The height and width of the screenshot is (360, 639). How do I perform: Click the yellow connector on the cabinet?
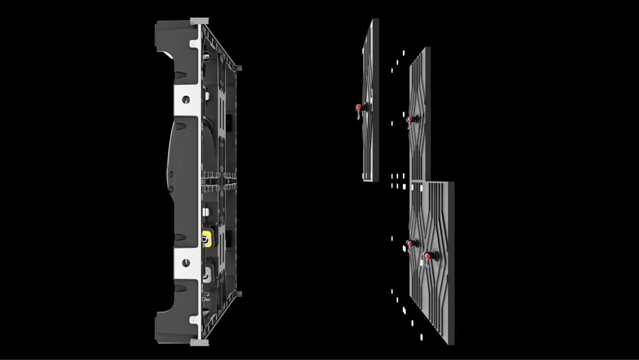pyautogui.click(x=206, y=240)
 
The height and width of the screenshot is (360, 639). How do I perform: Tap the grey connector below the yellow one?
pyautogui.click(x=206, y=273)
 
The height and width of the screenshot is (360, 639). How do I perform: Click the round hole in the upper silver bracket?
pyautogui.click(x=186, y=99)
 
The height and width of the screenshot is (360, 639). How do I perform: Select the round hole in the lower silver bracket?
pyautogui.click(x=186, y=263)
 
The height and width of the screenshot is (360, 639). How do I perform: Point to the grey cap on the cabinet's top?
pyautogui.click(x=199, y=21)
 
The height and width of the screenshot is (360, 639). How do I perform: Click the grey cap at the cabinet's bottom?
pyautogui.click(x=199, y=342)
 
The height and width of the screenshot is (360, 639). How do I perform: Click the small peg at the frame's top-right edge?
pyautogui.click(x=239, y=68)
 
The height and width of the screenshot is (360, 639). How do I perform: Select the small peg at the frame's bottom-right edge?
pyautogui.click(x=239, y=294)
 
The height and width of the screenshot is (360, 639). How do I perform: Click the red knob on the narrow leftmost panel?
pyautogui.click(x=359, y=107)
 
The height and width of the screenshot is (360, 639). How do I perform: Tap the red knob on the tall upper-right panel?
pyautogui.click(x=410, y=119)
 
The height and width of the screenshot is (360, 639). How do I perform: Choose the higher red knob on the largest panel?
pyautogui.click(x=410, y=243)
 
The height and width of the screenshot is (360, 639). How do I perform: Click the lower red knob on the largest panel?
pyautogui.click(x=427, y=256)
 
